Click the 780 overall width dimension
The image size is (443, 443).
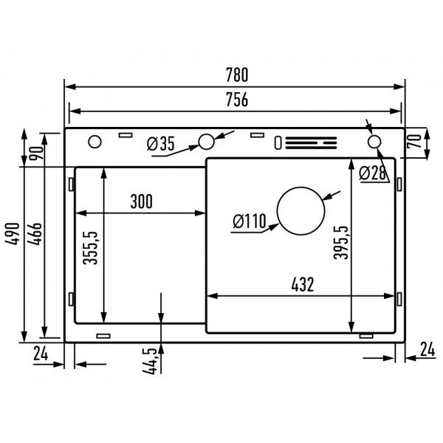[x=237, y=75]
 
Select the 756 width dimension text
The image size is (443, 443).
[x=236, y=100]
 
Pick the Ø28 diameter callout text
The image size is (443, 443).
[x=374, y=174]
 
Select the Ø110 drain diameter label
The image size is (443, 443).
[x=248, y=220]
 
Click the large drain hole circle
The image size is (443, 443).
[x=301, y=210]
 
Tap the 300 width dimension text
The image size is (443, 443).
[x=141, y=201]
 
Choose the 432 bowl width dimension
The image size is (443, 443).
[x=303, y=284]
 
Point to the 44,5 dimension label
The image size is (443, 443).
[x=152, y=360]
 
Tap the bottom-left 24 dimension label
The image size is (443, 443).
[x=41, y=352]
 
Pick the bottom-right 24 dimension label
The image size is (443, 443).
[x=427, y=348]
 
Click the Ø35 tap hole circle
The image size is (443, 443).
[x=206, y=141]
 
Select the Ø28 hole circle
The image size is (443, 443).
[x=374, y=142]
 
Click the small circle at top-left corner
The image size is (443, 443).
[x=95, y=142]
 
